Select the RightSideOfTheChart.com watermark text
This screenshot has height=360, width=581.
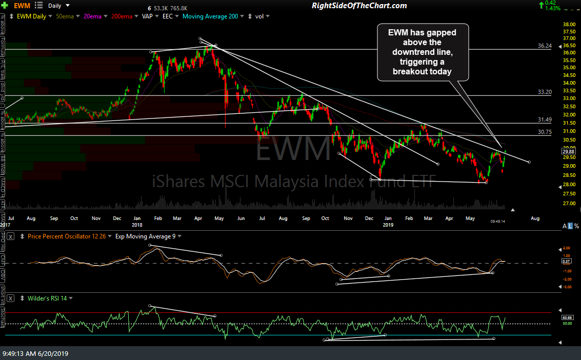pos(359,6)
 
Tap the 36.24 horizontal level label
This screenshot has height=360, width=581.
pos(544,46)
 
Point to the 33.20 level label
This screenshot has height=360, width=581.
pos(544,92)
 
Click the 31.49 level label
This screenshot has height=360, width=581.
pos(544,119)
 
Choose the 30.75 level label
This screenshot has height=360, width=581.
pos(544,132)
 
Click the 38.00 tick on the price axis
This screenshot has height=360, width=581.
pos(568,24)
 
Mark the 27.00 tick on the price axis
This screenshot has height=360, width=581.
pos(568,203)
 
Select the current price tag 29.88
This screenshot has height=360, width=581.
pos(568,151)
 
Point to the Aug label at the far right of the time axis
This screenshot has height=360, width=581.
pos(535,218)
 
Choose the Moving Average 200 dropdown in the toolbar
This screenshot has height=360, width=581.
pos(210,16)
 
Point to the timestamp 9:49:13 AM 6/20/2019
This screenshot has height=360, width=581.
pos(35,353)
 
